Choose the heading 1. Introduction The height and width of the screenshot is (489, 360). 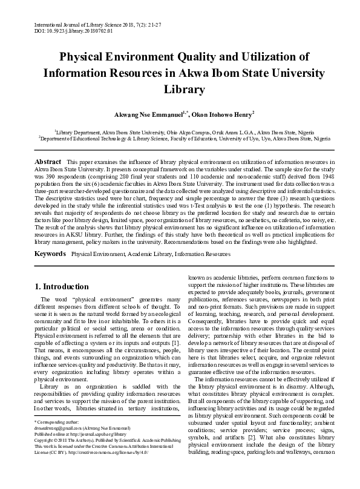(66, 285)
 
